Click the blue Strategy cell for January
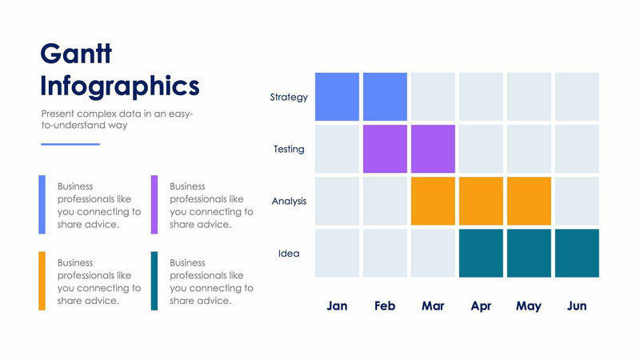pos(337,97)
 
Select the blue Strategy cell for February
pos(385,97)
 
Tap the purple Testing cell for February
pos(385,149)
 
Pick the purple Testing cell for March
pos(433,149)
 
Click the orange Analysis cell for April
pos(481,201)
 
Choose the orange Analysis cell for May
pos(529,201)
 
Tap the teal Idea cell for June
pos(577,253)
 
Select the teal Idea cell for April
pos(481,253)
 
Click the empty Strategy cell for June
pos(577,97)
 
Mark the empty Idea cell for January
pos(337,253)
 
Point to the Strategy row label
pos(289,98)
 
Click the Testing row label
pos(289,150)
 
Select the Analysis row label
pos(289,202)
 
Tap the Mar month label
pos(433,306)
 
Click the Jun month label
pos(577,306)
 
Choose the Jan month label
pos(337,306)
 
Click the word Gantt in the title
pos(76,54)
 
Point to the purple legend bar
pos(154,205)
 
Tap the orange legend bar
pos(42,281)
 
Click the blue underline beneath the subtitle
pos(70,144)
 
